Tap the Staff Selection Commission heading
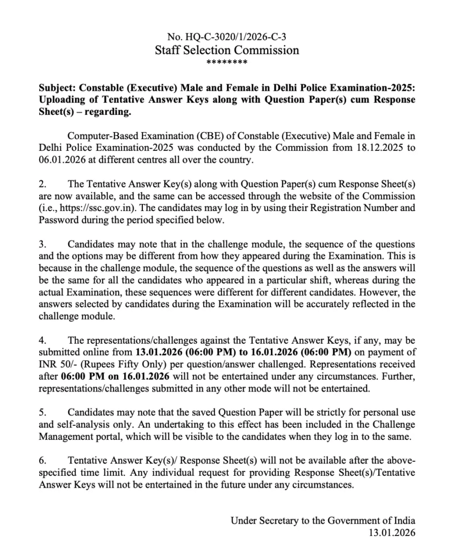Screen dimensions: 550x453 [x=226, y=50]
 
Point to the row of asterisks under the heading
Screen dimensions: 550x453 [x=226, y=63]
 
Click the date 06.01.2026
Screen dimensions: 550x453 [x=60, y=160]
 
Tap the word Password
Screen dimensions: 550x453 [x=57, y=220]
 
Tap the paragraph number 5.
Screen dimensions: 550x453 [x=42, y=412]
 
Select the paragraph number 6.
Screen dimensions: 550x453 [x=42, y=461]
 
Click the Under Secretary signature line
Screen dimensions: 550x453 [x=323, y=520]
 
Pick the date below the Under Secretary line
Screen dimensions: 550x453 [x=391, y=533]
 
